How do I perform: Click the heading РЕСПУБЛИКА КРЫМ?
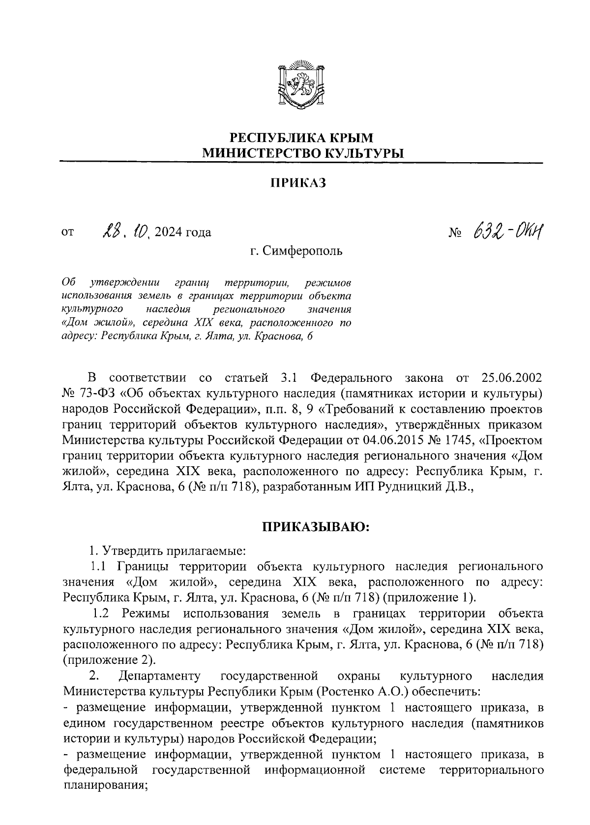pyautogui.click(x=301, y=137)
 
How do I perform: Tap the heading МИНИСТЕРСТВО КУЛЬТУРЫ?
pyautogui.click(x=301, y=153)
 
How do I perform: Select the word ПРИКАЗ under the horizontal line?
pyautogui.click(x=298, y=183)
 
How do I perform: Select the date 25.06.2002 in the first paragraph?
pyautogui.click(x=510, y=378)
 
